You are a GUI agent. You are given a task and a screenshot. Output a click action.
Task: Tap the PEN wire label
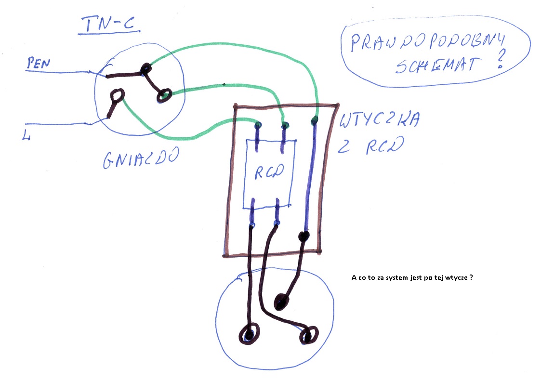(39, 64)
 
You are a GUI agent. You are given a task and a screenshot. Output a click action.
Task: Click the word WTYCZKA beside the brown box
(380, 119)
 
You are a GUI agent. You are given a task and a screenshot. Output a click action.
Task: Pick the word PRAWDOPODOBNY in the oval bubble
(427, 42)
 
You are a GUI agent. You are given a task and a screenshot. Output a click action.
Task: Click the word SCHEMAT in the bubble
(438, 65)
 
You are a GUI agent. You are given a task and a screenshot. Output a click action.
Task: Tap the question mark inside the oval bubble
(501, 59)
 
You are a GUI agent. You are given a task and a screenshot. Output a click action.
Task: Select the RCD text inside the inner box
(269, 171)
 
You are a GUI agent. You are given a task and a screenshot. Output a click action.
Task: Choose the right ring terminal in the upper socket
(164, 95)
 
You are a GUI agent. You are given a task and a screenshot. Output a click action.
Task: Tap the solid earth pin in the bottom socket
(281, 302)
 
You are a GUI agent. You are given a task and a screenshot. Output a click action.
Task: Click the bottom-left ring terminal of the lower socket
(249, 334)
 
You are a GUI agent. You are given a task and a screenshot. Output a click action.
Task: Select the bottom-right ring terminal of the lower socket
(308, 335)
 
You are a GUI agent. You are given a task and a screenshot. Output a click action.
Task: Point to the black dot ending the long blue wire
(303, 236)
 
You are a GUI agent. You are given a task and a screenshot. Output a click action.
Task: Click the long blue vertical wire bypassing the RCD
(310, 178)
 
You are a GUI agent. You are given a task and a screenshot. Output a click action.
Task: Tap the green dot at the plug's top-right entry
(314, 120)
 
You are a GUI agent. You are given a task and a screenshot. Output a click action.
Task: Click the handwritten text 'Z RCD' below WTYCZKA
(370, 145)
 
